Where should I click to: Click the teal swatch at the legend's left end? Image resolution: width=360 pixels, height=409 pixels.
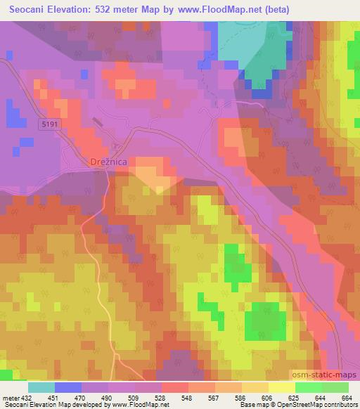[41, 387]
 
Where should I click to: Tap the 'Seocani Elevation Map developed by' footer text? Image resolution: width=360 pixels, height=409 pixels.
[53, 405]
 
